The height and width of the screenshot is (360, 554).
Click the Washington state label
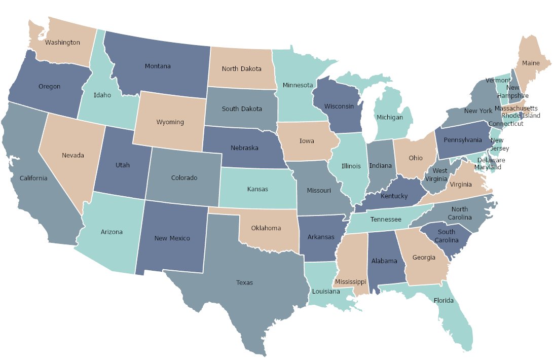coord(62,43)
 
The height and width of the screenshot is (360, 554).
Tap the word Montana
coord(158,66)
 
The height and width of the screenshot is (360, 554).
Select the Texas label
coord(244,283)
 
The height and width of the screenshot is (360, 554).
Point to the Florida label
coord(444,301)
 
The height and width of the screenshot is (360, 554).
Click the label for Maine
coord(531,63)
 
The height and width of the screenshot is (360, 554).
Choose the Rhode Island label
coord(521,116)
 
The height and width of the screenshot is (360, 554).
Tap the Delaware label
coord(492,160)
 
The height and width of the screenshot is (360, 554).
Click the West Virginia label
coord(439,175)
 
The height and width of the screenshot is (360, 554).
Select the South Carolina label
coord(447,236)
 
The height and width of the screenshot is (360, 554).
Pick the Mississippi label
coord(349,282)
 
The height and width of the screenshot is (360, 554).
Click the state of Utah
coord(123,165)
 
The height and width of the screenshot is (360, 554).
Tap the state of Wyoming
coord(170,122)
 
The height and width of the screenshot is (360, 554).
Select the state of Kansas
coord(257,189)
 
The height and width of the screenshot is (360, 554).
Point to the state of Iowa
coord(306,141)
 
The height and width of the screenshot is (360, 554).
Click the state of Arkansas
coord(321,237)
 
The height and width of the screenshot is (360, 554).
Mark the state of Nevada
coord(73,155)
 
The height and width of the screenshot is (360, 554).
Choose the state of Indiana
coord(380,166)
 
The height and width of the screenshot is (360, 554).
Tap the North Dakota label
coord(241,69)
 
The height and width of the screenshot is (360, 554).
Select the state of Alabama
coord(384,261)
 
